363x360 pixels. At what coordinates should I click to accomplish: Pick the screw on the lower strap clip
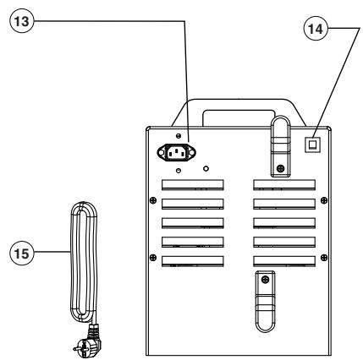click(x=265, y=279)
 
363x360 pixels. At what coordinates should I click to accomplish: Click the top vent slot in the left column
click(x=190, y=184)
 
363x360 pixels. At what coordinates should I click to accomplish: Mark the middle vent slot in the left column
click(x=190, y=223)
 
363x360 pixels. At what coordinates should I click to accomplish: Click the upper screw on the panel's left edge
click(x=151, y=199)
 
